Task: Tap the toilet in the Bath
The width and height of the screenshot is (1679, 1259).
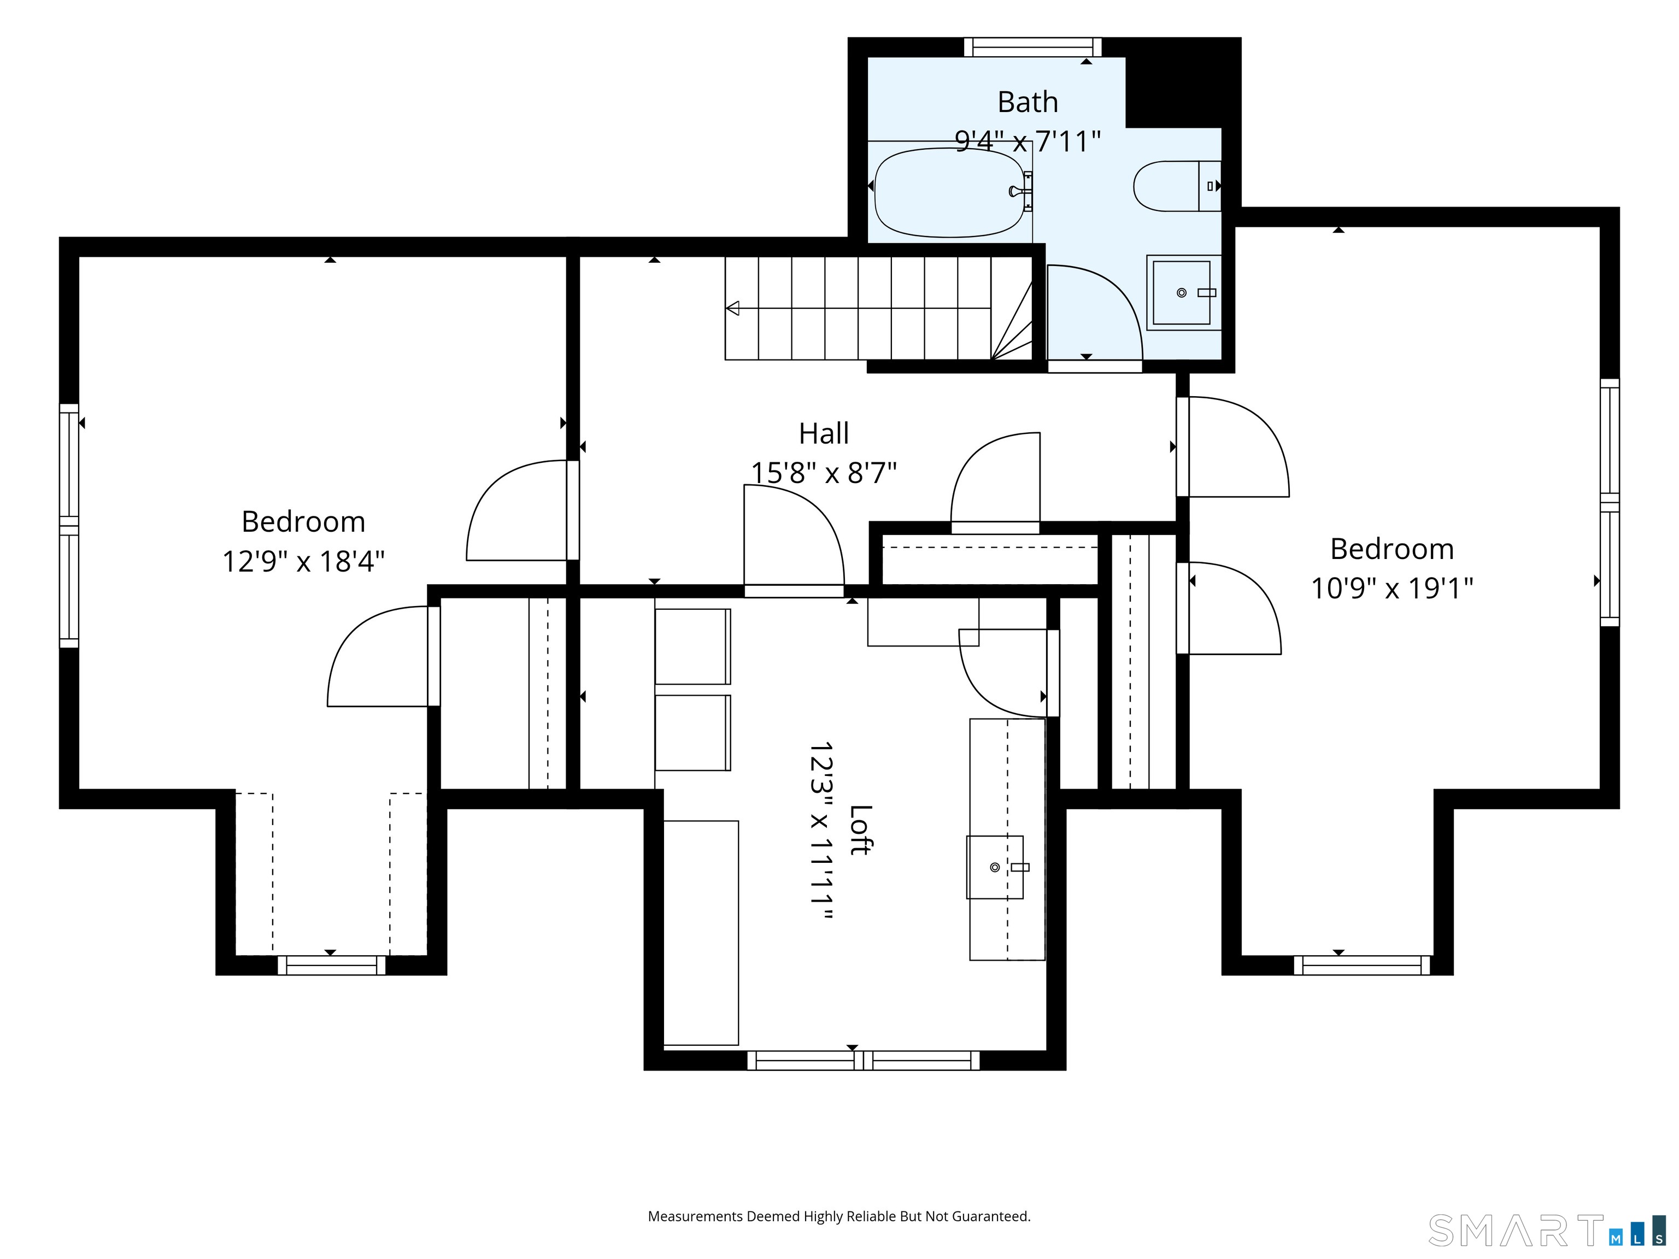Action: (x=1177, y=186)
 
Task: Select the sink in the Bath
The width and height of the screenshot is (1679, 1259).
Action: (x=1183, y=293)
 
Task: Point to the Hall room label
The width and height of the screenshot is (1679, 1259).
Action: (x=824, y=433)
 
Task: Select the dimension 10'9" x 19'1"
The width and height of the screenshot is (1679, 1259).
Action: (x=1392, y=588)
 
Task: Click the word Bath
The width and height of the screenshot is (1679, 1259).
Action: (x=1027, y=102)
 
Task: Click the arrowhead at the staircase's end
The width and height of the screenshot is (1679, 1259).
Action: (x=732, y=308)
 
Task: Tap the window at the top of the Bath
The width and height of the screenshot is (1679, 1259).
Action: (x=1032, y=47)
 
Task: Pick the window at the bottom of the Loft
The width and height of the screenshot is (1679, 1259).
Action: (x=863, y=1060)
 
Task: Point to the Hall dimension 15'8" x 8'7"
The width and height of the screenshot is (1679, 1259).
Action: (x=824, y=473)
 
